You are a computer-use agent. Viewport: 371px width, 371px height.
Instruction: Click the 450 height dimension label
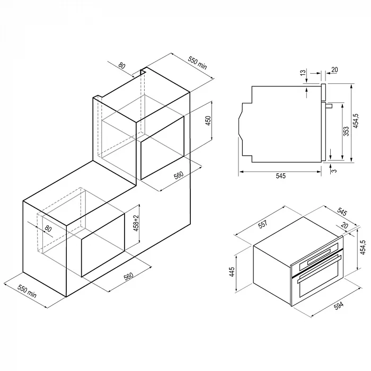208,121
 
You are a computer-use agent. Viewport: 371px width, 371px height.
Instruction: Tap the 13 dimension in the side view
303,73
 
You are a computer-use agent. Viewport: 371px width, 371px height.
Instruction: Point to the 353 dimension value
346,131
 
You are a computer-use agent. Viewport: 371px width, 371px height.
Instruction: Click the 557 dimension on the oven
263,224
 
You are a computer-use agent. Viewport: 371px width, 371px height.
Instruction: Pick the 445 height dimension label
232,272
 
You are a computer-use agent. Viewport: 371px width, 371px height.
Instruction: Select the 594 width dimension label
339,306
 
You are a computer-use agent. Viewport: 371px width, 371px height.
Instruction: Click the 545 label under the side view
281,176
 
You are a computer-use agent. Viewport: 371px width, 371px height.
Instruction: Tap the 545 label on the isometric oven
342,211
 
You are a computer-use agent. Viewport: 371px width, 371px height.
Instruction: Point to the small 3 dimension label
334,170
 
